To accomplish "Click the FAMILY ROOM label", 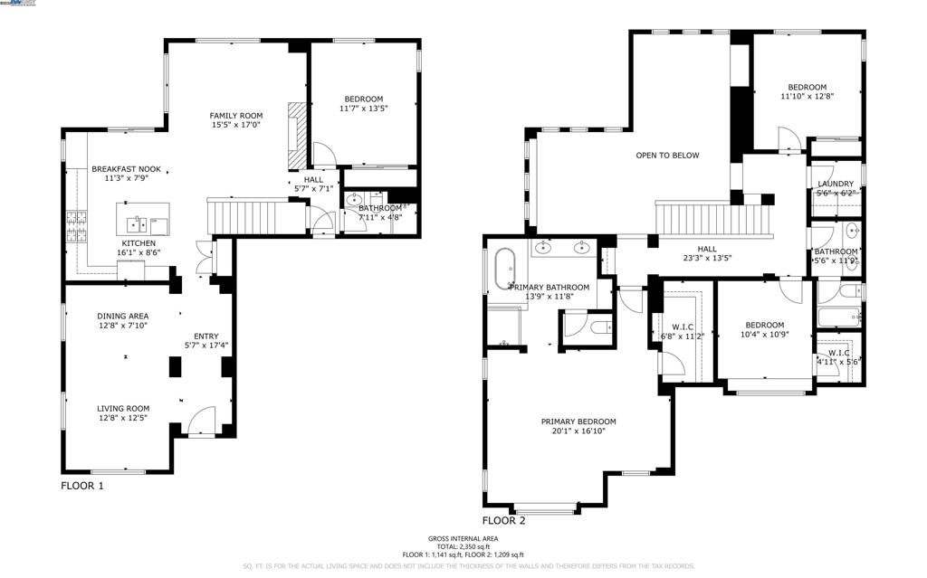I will pos(235,115).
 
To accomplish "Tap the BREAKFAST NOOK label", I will pos(126,169).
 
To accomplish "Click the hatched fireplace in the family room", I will pos(293,136).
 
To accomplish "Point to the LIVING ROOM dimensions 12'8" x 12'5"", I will pos(122,419).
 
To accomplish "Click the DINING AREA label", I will pos(122,316).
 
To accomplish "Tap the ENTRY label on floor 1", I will pos(205,336).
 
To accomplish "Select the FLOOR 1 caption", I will pos(82,486).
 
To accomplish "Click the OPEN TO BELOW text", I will pos(667,156).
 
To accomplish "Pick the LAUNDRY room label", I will pos(836,184).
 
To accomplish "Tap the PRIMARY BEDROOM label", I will pos(578,422).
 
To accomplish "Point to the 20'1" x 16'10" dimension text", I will pos(578,431).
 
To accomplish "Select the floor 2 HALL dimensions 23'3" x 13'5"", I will pos(707,258).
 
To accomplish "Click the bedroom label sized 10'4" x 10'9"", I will pos(765,325).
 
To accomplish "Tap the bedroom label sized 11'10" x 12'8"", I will pos(807,87).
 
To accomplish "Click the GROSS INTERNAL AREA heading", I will pos(463,538).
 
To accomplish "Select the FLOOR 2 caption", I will pos(503,520).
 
